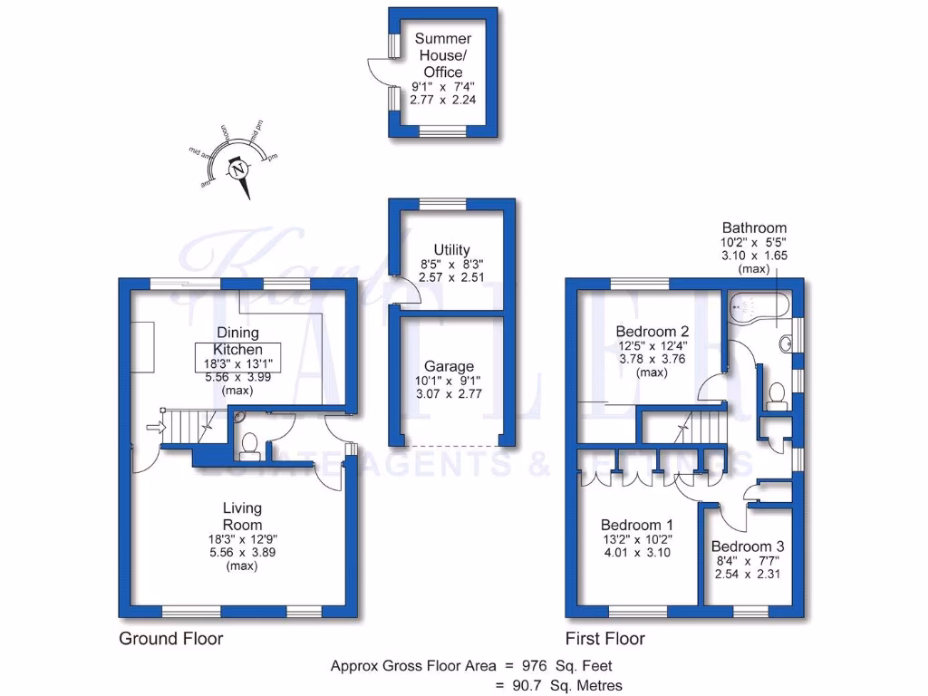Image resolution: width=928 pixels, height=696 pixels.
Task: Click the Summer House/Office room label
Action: coord(443,55)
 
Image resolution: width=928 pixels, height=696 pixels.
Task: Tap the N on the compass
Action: coord(239,169)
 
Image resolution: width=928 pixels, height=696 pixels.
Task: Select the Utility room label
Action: coord(451,250)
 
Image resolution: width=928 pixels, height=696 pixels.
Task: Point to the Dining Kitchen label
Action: coord(237,341)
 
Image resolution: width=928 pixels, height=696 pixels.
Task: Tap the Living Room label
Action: coord(242,517)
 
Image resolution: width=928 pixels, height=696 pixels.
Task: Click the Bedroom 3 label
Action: coord(747,546)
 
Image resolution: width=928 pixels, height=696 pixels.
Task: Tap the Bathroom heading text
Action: coord(754,228)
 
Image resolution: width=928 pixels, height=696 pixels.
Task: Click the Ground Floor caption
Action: coord(171,638)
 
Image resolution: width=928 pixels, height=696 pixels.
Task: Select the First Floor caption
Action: coord(605,638)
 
